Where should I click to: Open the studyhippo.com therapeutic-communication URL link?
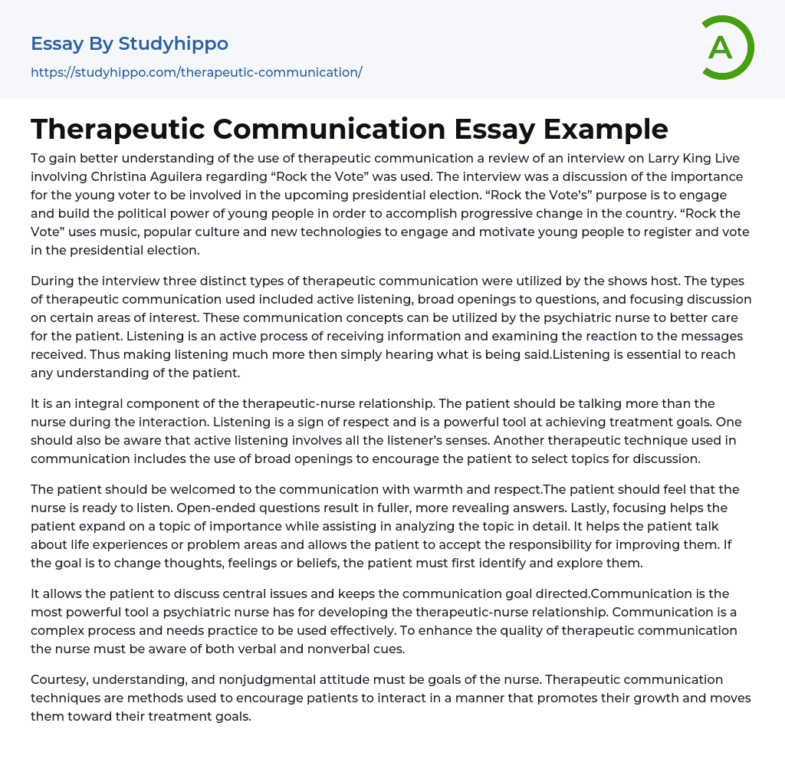[196, 72]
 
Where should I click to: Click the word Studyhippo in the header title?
[174, 44]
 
